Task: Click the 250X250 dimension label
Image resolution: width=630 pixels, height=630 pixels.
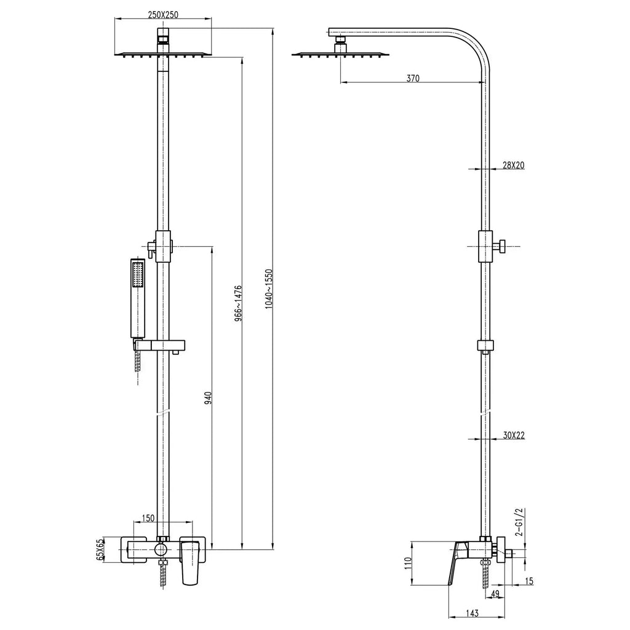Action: pyautogui.click(x=162, y=15)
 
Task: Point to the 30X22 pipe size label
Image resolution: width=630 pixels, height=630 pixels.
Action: pyautogui.click(x=513, y=436)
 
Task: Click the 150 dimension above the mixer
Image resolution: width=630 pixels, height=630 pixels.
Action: pyautogui.click(x=148, y=519)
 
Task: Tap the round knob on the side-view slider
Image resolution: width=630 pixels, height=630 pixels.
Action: pyautogui.click(x=501, y=247)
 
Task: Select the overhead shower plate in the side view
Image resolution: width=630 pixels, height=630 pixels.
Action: pyautogui.click(x=340, y=55)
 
